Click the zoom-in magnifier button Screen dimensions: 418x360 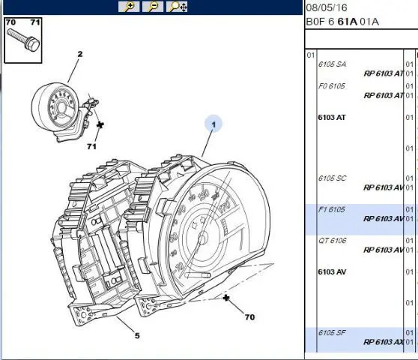(129, 7)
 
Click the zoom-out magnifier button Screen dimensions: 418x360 (153, 7)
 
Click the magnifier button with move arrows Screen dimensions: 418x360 (177, 7)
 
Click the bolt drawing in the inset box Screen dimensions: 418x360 (23, 40)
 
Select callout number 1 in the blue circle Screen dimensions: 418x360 (213, 124)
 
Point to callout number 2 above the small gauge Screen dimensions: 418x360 (80, 54)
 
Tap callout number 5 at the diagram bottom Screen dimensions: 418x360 (137, 335)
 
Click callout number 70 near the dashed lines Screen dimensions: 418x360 (249, 317)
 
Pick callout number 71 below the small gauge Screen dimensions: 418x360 (91, 146)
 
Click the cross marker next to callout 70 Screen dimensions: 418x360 (226, 298)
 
